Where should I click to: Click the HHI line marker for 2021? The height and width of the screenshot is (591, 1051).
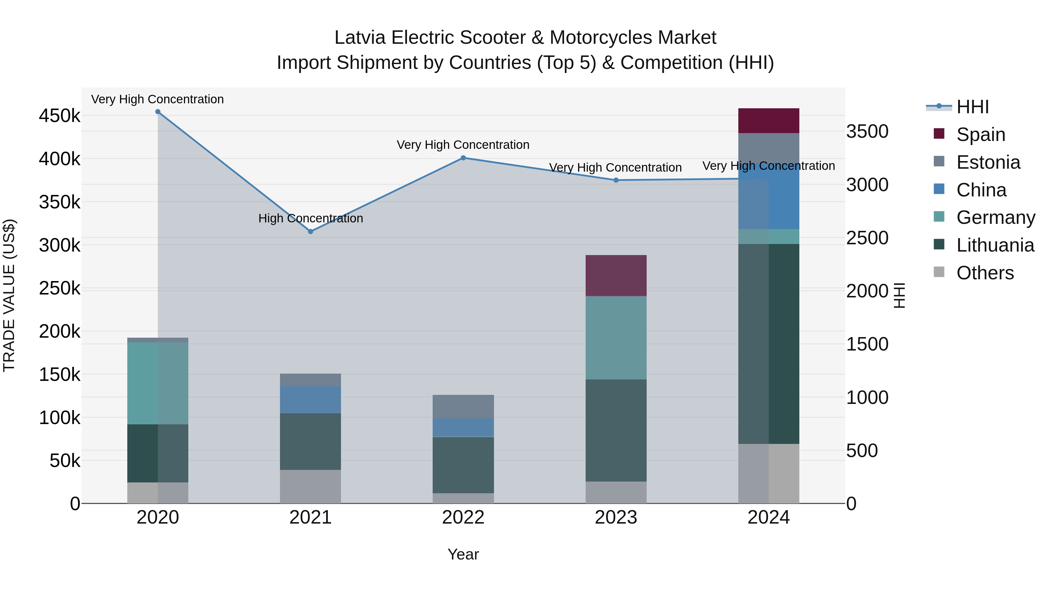(311, 231)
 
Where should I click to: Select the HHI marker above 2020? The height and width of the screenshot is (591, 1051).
(158, 112)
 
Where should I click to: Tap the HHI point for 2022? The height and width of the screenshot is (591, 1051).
(463, 158)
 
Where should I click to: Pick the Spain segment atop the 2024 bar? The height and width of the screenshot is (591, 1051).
(769, 121)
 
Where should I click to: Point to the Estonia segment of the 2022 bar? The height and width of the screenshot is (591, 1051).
(463, 406)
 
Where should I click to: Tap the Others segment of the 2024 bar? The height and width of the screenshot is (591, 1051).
(769, 473)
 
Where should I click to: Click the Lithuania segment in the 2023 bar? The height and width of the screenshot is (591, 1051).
(616, 430)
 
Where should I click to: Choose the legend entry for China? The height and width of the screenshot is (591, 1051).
(981, 190)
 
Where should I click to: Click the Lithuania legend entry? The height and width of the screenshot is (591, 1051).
(995, 245)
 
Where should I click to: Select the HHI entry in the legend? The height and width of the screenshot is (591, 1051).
(972, 107)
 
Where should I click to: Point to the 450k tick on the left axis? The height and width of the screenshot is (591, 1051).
(60, 116)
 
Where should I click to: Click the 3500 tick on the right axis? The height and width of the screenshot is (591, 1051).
(867, 131)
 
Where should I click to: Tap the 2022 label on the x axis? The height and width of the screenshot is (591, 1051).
(463, 517)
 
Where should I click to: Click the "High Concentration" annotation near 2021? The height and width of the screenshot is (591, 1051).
(311, 218)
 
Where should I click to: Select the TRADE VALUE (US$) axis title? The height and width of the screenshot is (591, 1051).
(9, 295)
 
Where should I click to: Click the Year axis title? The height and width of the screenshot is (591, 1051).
(463, 554)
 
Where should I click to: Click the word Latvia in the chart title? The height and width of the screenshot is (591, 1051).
(359, 38)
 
